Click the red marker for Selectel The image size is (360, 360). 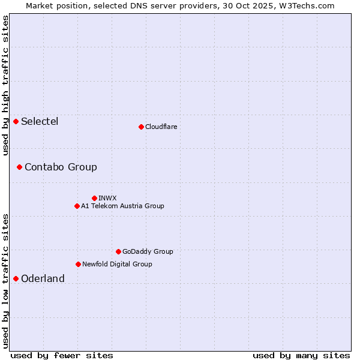pos(16,122)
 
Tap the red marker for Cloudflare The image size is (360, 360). pos(141,127)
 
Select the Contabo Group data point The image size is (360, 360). pos(19,167)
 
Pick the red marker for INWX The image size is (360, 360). pos(94,198)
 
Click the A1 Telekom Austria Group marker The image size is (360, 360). pos(77,206)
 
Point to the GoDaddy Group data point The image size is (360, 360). pos(118,251)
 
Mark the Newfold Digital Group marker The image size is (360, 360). pos(78,264)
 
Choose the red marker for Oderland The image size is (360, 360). pos(16,278)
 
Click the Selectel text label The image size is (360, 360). pos(40,122)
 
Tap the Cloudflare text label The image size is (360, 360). pos(161,127)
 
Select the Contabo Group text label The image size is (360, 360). pos(61,167)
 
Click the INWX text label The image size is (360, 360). pos(107,198)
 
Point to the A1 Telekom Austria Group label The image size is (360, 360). pos(122,206)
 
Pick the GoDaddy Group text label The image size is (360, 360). pos(148,251)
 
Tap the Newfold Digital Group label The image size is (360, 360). pos(117,264)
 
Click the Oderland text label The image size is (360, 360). pos(43,278)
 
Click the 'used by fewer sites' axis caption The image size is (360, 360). pos(62,355)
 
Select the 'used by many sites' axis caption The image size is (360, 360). pos(301,355)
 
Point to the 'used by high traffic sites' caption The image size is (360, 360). pos(5,85)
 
